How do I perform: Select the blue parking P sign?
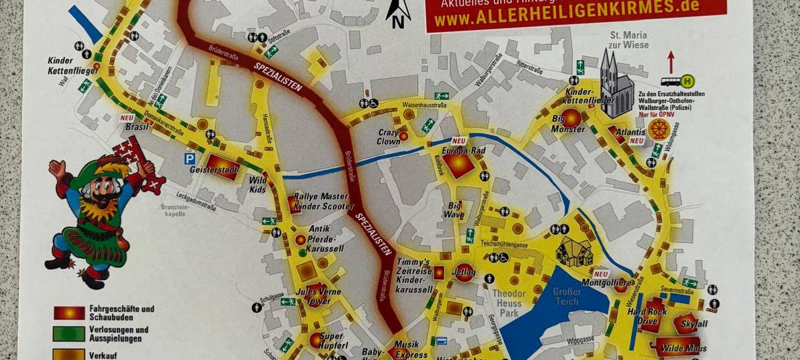[190, 159]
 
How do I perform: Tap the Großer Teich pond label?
[567, 297]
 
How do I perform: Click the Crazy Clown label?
[389, 137]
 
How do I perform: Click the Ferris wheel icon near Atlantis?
[659, 129]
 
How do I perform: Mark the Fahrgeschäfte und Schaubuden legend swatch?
[69, 313]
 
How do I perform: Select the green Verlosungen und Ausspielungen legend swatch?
[69, 333]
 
